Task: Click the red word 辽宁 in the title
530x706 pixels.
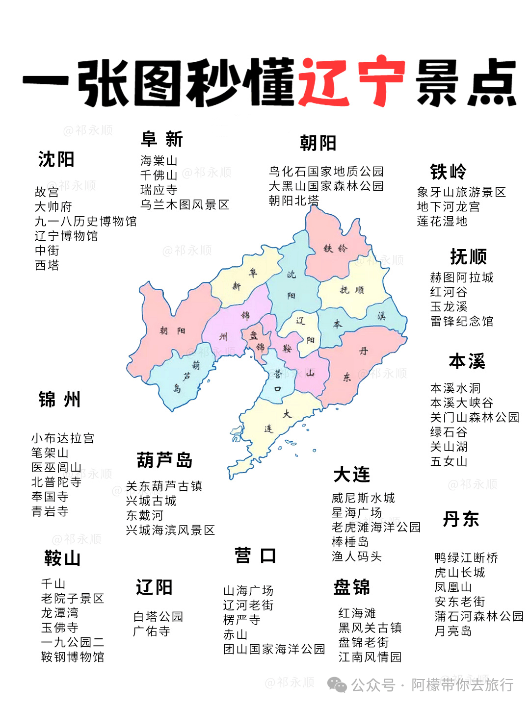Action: click(352, 82)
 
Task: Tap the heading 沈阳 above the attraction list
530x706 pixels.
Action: click(56, 159)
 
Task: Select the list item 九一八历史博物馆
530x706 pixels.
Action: click(85, 221)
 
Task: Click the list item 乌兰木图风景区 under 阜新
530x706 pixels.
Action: click(185, 204)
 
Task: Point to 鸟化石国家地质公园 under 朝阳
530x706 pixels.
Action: click(326, 171)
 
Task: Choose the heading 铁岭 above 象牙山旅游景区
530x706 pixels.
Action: click(448, 172)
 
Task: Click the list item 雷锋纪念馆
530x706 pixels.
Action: click(461, 321)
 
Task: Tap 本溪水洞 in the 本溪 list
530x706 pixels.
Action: click(455, 388)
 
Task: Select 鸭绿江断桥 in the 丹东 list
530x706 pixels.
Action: click(466, 557)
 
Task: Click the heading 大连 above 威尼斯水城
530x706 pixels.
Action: click(351, 475)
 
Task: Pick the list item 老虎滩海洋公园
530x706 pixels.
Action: click(376, 527)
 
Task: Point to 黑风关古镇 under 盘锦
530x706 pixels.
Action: click(370, 628)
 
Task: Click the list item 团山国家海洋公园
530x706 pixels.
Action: click(274, 649)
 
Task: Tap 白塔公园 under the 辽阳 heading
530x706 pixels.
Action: click(158, 616)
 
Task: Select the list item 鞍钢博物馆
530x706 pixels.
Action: click(73, 656)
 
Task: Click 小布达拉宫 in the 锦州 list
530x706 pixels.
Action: click(63, 438)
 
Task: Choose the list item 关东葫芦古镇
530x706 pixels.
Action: click(164, 486)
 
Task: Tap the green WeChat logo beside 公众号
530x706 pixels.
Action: click(337, 684)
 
